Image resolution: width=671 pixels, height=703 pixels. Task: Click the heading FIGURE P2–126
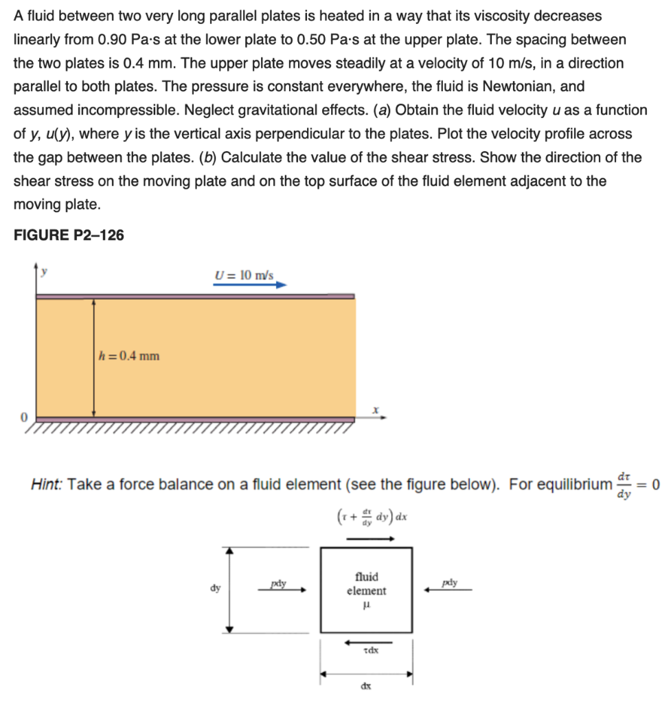point(69,235)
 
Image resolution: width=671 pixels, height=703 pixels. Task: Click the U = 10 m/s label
point(244,275)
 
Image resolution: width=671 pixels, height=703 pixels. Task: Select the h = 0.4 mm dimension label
point(129,356)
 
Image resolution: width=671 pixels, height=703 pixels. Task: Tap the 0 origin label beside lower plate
point(23,417)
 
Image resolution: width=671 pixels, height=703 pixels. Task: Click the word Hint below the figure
point(47,485)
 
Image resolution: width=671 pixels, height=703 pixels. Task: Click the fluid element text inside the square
point(366,584)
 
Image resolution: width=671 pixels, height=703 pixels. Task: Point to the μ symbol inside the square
point(366,605)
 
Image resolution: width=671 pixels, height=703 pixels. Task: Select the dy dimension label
point(216,588)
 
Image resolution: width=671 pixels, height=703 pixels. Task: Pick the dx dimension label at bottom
point(365,686)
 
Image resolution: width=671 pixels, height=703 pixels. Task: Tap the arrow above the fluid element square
point(369,539)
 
